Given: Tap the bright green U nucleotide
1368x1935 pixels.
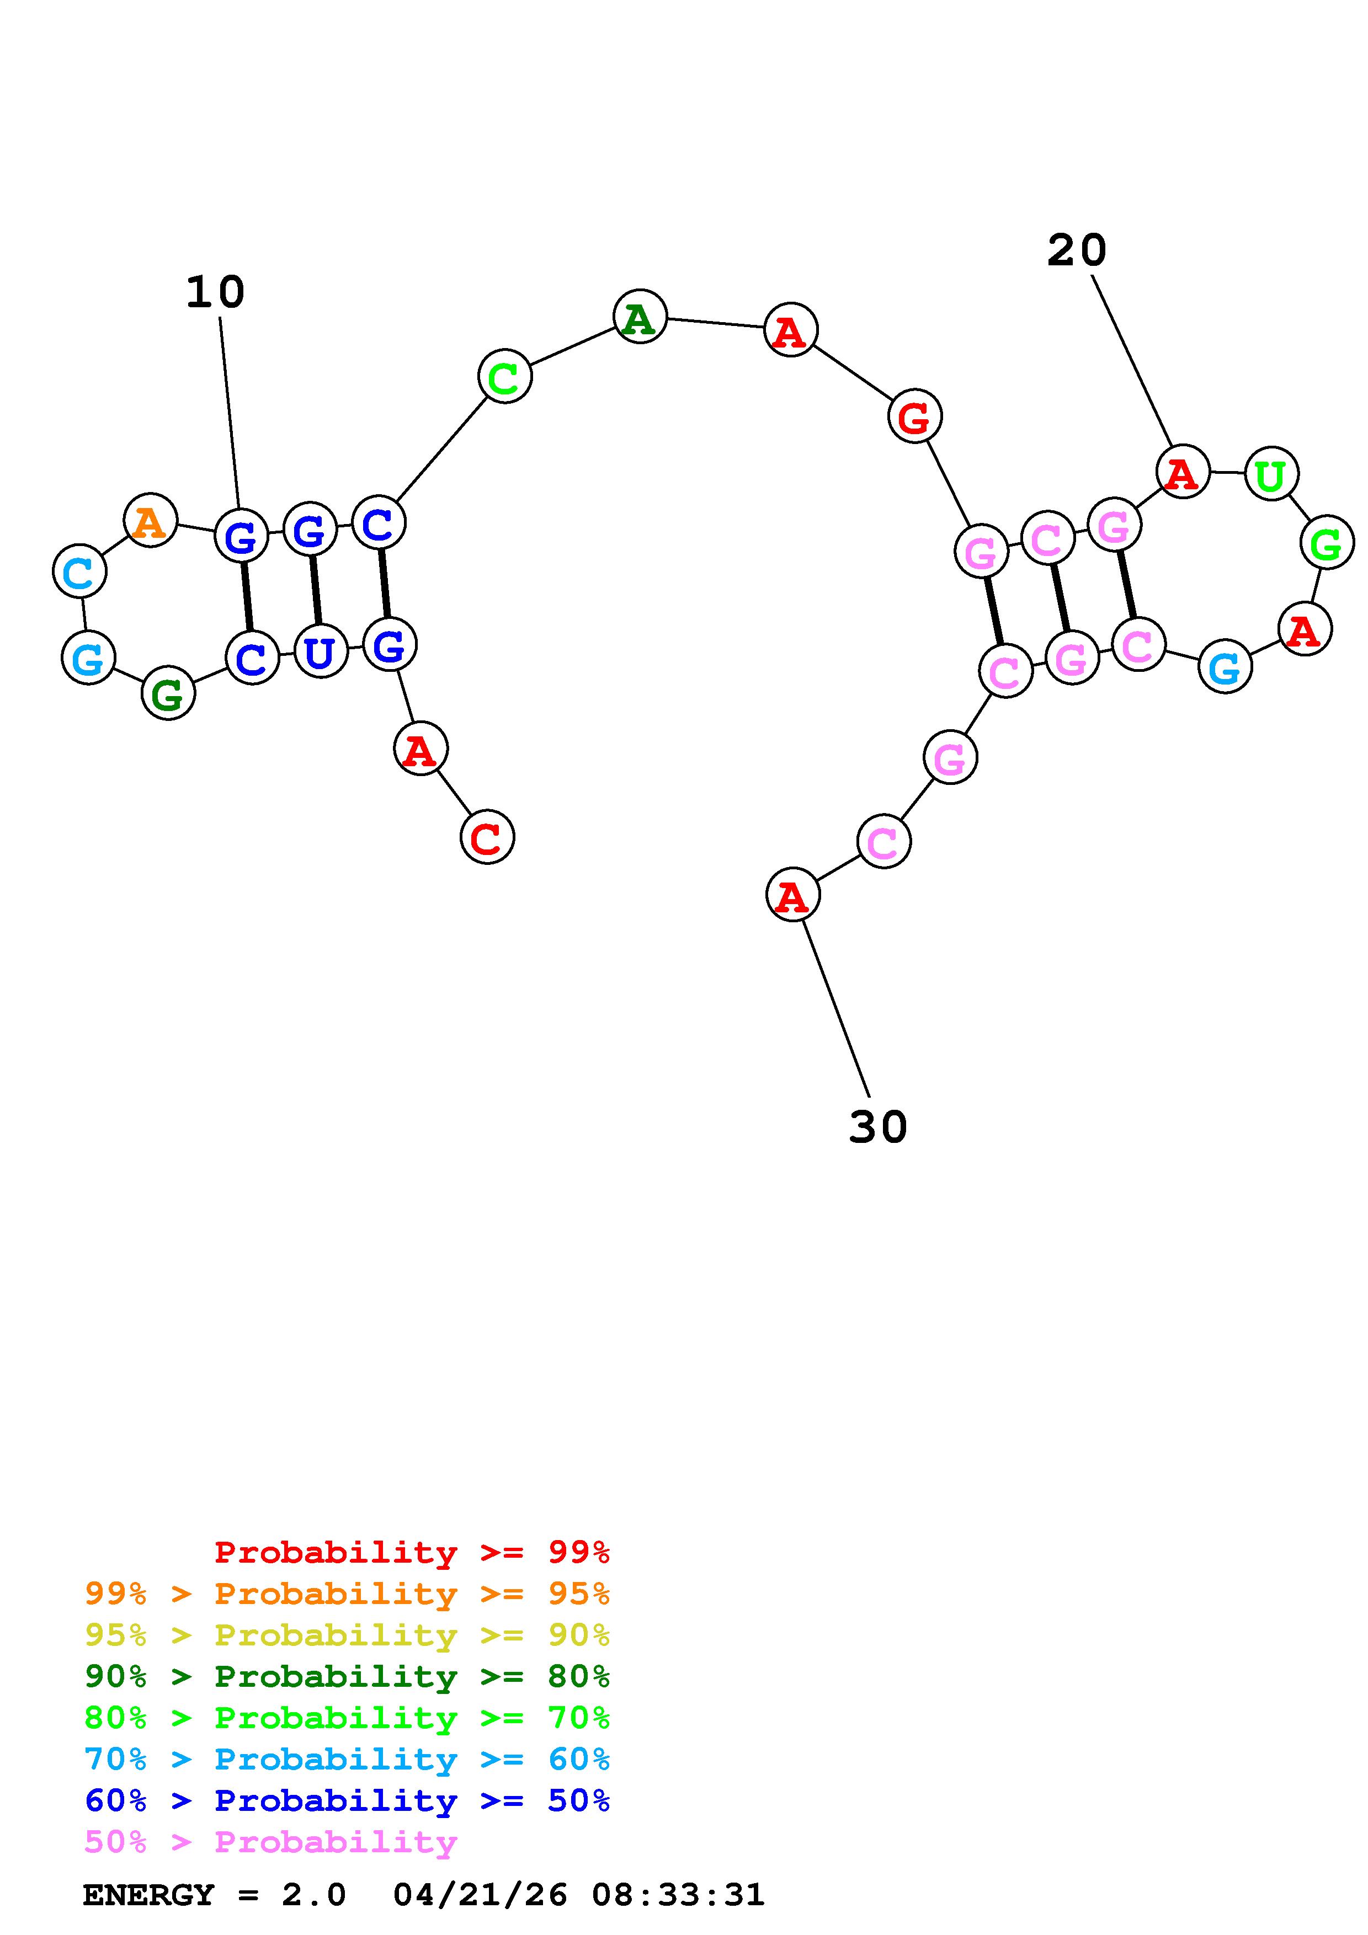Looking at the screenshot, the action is [x=1271, y=474].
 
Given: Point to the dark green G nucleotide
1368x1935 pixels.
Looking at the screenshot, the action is [x=168, y=693].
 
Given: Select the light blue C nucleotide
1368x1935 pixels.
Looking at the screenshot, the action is [x=79, y=571].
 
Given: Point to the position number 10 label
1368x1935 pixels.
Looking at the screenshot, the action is [x=215, y=292].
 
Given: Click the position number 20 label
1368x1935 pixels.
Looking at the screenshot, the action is [x=1077, y=250].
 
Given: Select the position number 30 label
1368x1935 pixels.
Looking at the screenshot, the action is [x=877, y=1127].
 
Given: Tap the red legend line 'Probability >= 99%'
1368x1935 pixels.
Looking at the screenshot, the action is [x=412, y=1552].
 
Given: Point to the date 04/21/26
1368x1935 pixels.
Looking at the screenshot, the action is [x=481, y=1895].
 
